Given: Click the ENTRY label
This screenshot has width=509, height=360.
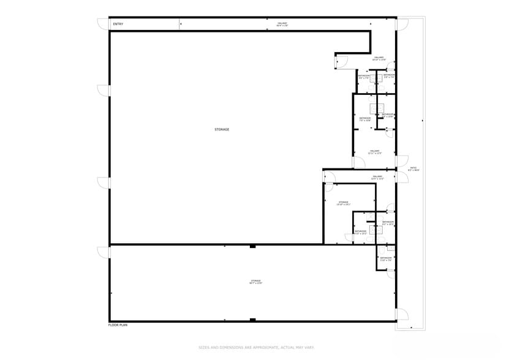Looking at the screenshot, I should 118,24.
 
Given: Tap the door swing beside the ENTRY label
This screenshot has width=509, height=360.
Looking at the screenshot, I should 102,24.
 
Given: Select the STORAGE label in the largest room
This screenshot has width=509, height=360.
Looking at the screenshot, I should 222,129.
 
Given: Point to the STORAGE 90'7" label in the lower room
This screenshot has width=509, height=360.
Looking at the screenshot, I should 255,282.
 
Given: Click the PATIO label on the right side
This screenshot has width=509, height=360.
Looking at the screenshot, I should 413,169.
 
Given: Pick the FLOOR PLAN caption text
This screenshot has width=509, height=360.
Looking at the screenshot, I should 118,325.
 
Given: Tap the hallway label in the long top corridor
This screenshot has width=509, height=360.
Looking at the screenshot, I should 282,24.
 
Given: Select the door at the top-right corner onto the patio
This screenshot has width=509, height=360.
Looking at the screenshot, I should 402,24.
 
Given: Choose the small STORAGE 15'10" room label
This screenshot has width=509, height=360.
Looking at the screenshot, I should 343,203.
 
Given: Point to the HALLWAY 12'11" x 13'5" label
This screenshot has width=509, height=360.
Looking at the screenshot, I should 374,152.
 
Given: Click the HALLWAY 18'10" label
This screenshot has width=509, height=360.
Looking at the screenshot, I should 379,59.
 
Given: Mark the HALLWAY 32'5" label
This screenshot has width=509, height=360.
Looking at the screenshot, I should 377,178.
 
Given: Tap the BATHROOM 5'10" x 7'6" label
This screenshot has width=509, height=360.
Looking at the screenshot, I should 386,259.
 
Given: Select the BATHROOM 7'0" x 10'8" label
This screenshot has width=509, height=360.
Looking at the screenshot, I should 365,119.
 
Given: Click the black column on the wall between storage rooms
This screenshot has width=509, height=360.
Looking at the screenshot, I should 252,246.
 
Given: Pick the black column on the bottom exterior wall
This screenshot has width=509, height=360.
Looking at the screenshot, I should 252,320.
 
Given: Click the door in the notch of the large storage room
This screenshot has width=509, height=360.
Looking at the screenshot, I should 341,61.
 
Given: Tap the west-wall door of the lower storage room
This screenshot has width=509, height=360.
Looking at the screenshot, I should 104,252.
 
